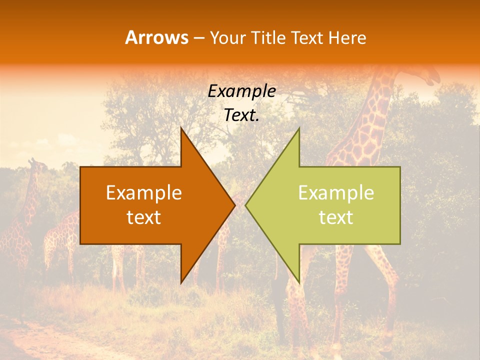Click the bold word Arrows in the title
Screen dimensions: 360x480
point(157,37)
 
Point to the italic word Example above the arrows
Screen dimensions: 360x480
point(242,91)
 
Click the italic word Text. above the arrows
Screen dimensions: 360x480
point(242,115)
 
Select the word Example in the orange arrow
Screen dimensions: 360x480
point(144,193)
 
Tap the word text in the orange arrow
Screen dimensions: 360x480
point(144,217)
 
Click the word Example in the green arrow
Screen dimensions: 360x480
point(336,193)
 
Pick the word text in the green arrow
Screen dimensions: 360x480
point(336,217)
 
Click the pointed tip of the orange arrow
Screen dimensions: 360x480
point(235,205)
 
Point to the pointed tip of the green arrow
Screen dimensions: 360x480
point(245,205)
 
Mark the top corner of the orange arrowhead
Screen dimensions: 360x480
point(181,128)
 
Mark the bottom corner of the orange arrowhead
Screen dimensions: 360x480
point(181,283)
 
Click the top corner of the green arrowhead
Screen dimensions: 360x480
point(299,128)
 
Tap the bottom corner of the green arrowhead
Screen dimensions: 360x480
point(299,283)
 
